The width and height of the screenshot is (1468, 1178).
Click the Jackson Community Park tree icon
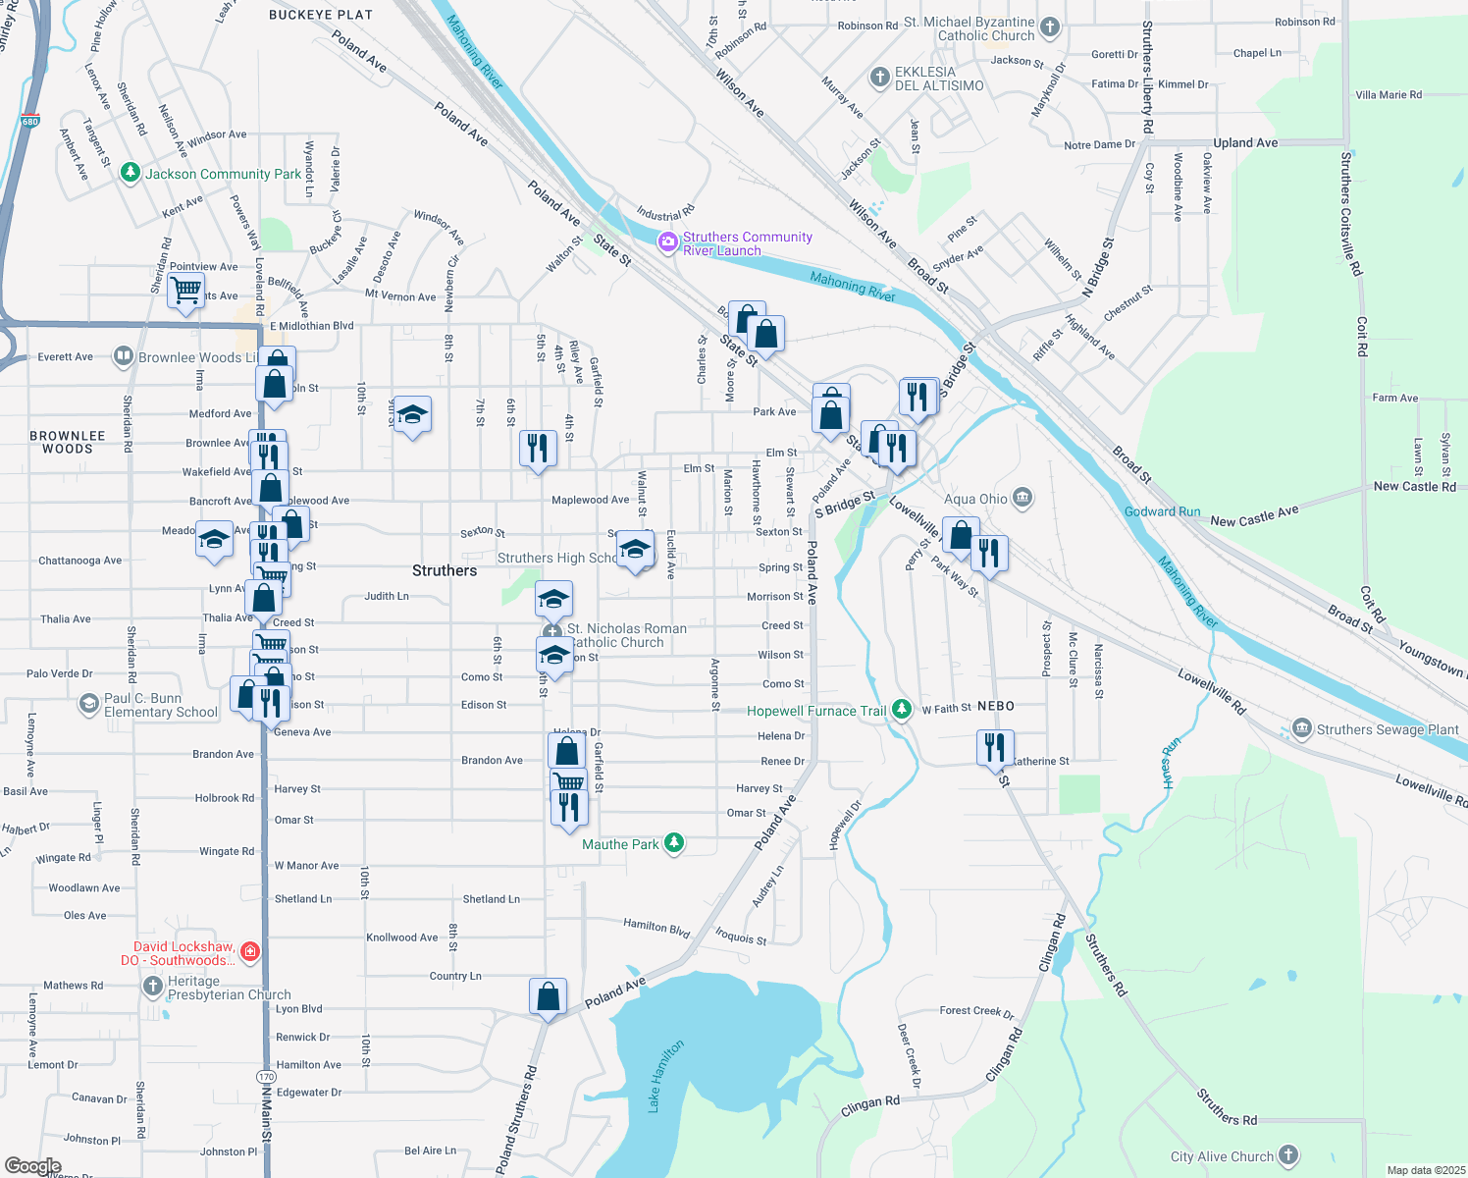pyautogui.click(x=131, y=173)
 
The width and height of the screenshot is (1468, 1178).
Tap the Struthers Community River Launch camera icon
pyautogui.click(x=668, y=241)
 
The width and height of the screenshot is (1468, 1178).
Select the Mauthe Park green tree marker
pyautogui.click(x=674, y=843)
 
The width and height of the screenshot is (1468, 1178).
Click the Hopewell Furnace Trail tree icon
pyautogui.click(x=902, y=709)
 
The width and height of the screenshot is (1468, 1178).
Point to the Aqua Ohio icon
pyautogui.click(x=1022, y=498)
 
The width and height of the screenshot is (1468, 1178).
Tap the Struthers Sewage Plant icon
pyautogui.click(x=1302, y=728)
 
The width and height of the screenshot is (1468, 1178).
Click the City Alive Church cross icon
pyautogui.click(x=1288, y=1155)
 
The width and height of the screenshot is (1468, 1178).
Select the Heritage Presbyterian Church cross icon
pyautogui.click(x=152, y=986)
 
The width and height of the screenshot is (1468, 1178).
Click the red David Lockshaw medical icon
pyautogui.click(x=250, y=951)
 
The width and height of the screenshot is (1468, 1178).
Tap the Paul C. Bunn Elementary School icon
pyautogui.click(x=89, y=703)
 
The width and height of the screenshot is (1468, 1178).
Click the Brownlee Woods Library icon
pyautogui.click(x=123, y=356)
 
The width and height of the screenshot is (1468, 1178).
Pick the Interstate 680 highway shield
pyautogui.click(x=29, y=122)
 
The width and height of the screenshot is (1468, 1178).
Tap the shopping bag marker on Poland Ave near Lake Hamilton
pyautogui.click(x=548, y=997)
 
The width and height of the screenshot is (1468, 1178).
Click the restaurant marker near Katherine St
pyautogui.click(x=995, y=748)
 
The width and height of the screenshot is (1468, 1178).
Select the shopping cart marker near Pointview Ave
pyautogui.click(x=185, y=292)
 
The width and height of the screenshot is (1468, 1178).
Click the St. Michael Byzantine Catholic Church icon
pyautogui.click(x=1050, y=27)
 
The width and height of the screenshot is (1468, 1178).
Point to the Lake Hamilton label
pyautogui.click(x=665, y=1076)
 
